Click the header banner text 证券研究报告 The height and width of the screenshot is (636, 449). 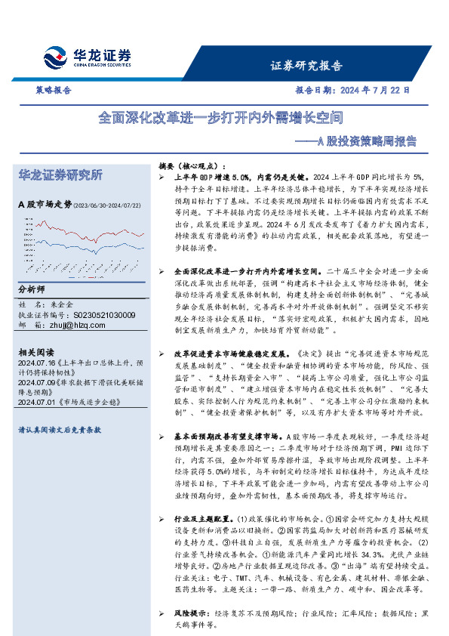(306, 65)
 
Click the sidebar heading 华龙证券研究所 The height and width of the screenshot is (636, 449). (60, 174)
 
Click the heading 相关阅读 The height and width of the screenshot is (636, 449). (35, 351)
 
